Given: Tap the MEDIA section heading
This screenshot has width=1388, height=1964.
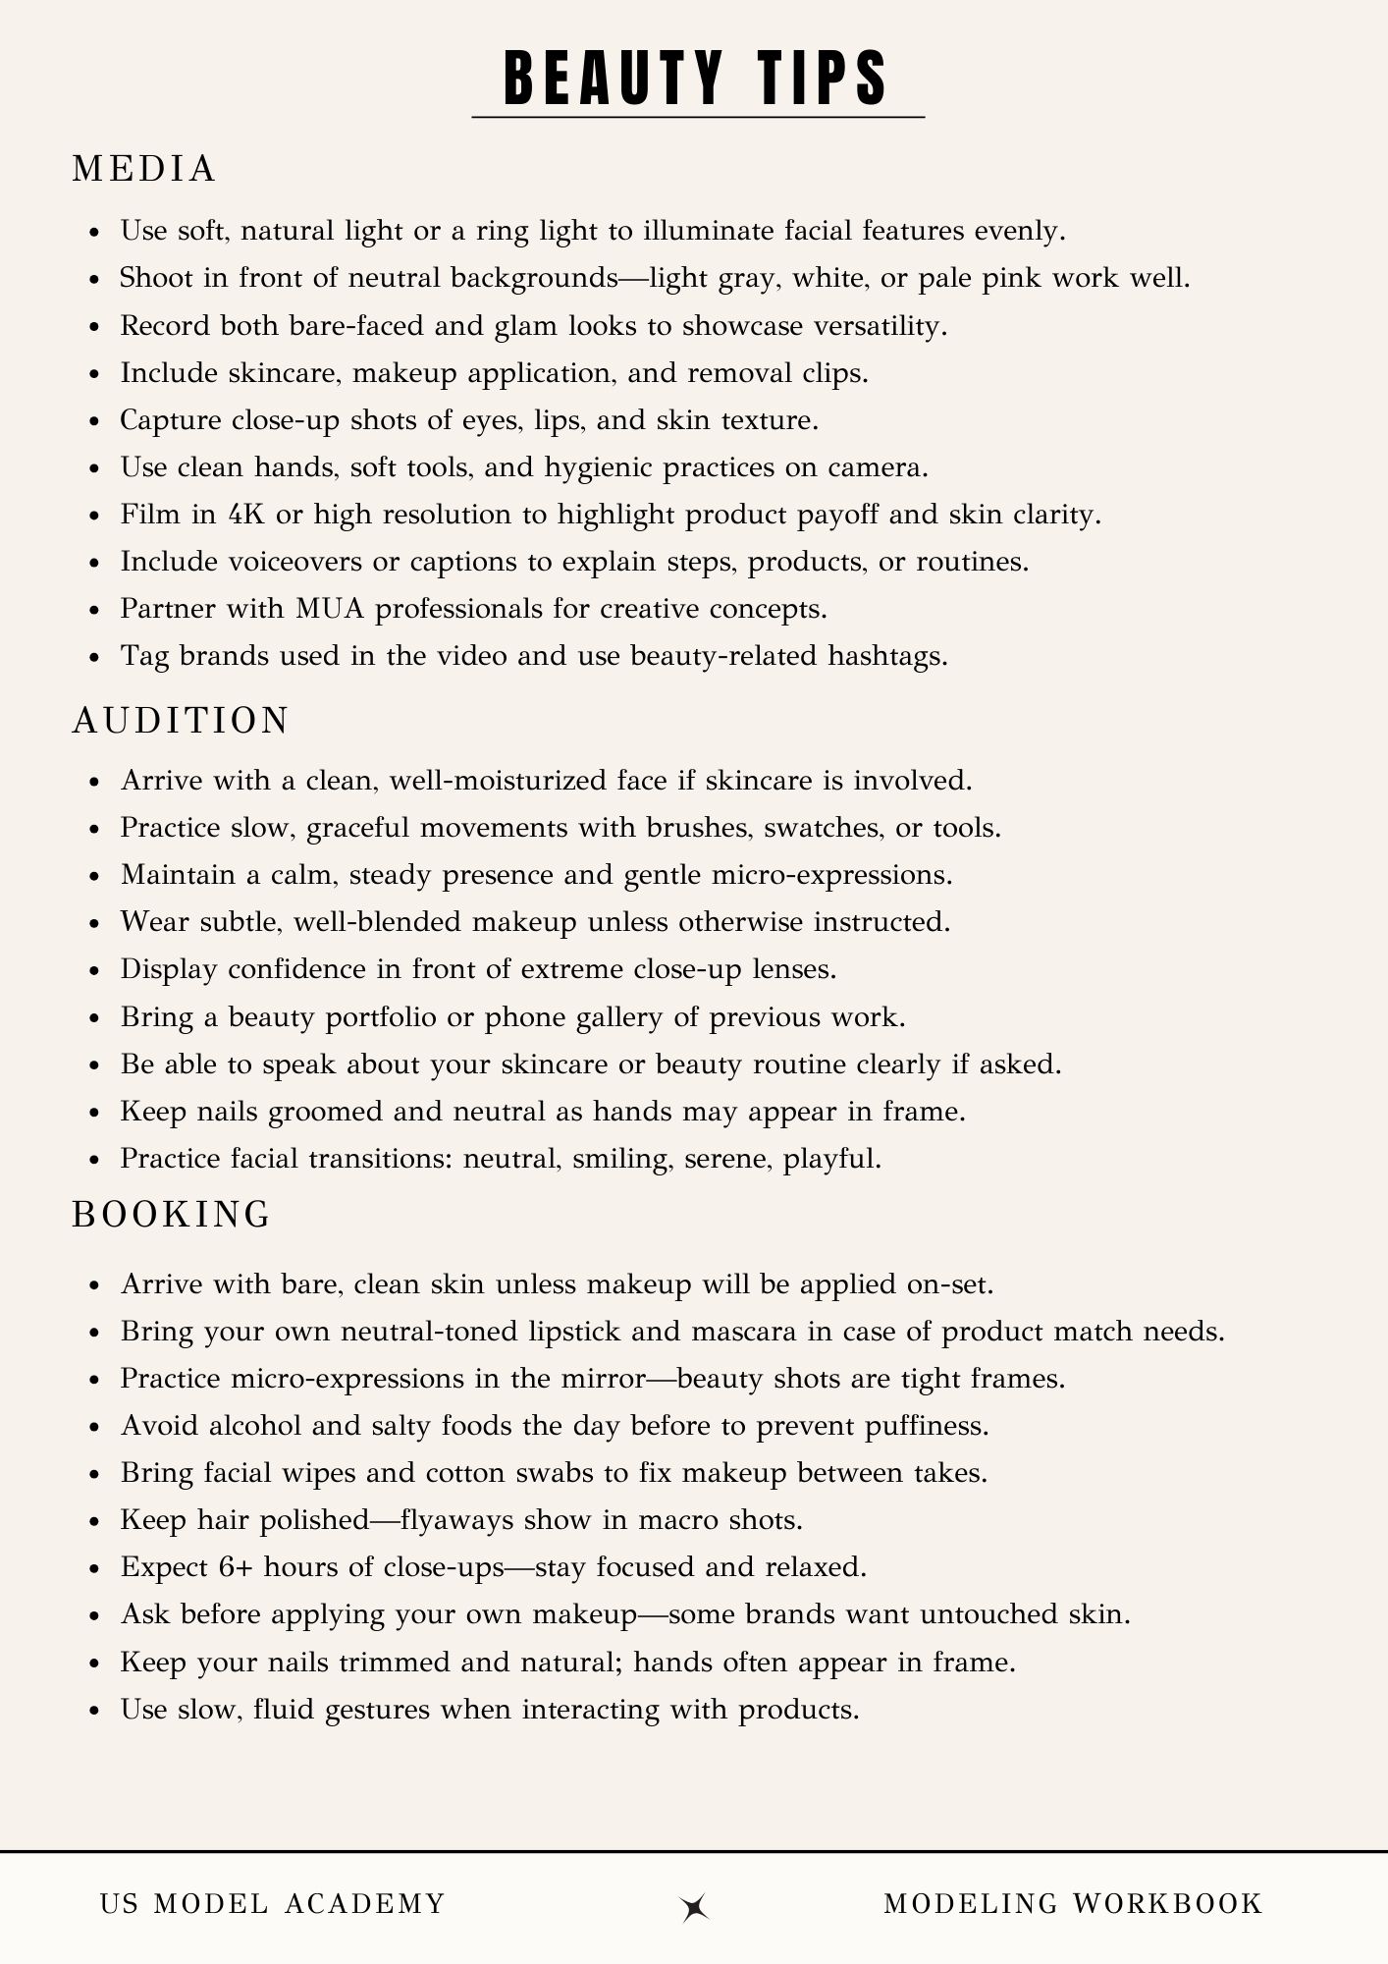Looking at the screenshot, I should pyautogui.click(x=144, y=169).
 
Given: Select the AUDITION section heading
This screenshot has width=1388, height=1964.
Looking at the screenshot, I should pyautogui.click(x=181, y=720).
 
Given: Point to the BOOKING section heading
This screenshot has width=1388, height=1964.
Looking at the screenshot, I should pyautogui.click(x=172, y=1215).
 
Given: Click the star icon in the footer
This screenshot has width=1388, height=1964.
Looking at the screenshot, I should pyautogui.click(x=694, y=1906).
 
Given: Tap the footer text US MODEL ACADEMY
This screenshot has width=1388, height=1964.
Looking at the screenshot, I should pyautogui.click(x=273, y=1904).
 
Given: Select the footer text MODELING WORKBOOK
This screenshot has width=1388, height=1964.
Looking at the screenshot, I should pyautogui.click(x=1072, y=1904).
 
